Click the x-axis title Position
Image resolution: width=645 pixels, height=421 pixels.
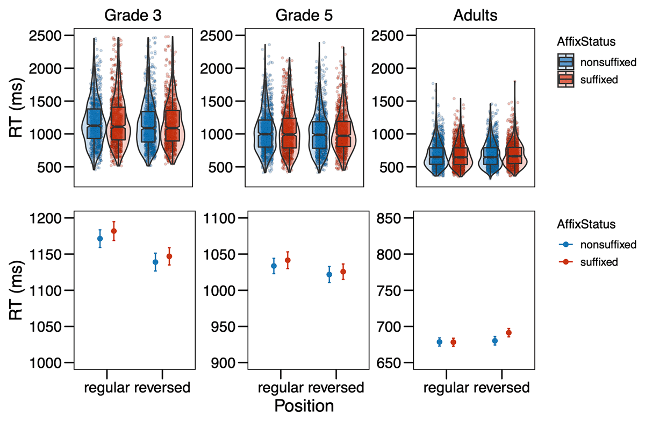(x=304, y=405)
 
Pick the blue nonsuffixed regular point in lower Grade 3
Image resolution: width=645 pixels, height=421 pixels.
(x=100, y=238)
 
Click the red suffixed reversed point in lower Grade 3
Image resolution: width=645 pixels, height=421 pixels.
(x=169, y=256)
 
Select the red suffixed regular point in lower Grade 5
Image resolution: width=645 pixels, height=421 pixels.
(x=288, y=260)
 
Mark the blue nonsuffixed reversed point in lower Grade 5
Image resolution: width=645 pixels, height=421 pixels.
(x=329, y=274)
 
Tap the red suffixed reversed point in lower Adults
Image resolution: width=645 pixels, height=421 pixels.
(x=509, y=333)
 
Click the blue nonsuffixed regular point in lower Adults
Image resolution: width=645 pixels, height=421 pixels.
(x=440, y=342)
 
